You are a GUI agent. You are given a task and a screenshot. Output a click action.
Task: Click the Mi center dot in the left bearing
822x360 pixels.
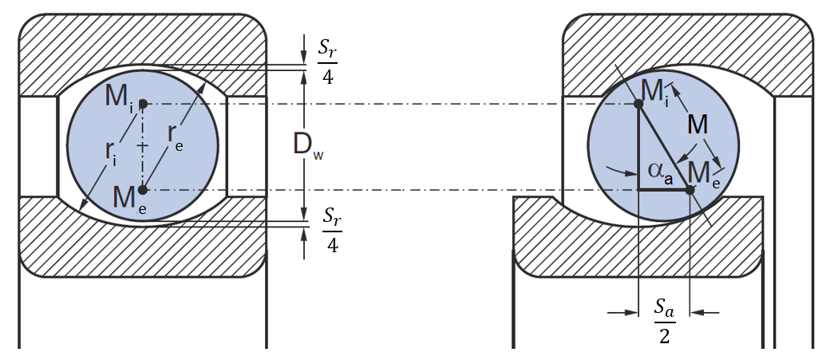point(142,104)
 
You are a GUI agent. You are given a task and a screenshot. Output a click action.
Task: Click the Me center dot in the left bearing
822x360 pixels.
point(142,190)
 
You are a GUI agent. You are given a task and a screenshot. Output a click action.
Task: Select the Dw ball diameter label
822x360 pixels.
point(306,146)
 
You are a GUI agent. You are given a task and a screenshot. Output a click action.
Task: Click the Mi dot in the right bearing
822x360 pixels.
point(638,104)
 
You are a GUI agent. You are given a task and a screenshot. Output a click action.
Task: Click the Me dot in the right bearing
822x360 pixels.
point(690,189)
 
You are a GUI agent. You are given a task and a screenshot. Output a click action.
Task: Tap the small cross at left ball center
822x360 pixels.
point(143,147)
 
